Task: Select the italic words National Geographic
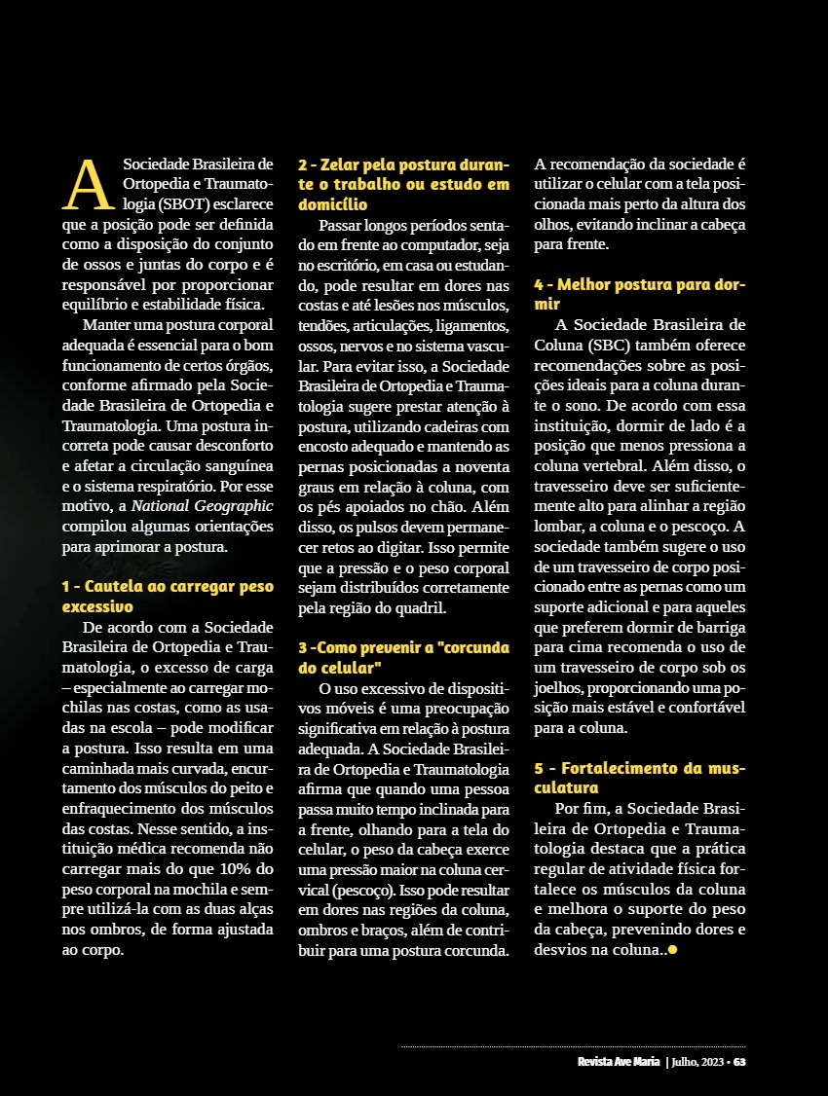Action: [203, 506]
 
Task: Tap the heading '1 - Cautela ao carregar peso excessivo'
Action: [168, 596]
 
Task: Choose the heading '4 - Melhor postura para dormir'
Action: [640, 294]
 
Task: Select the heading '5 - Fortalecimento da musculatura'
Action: [640, 777]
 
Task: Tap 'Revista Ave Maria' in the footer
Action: [619, 1061]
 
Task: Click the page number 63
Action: [739, 1061]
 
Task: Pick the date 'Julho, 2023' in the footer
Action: [697, 1061]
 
